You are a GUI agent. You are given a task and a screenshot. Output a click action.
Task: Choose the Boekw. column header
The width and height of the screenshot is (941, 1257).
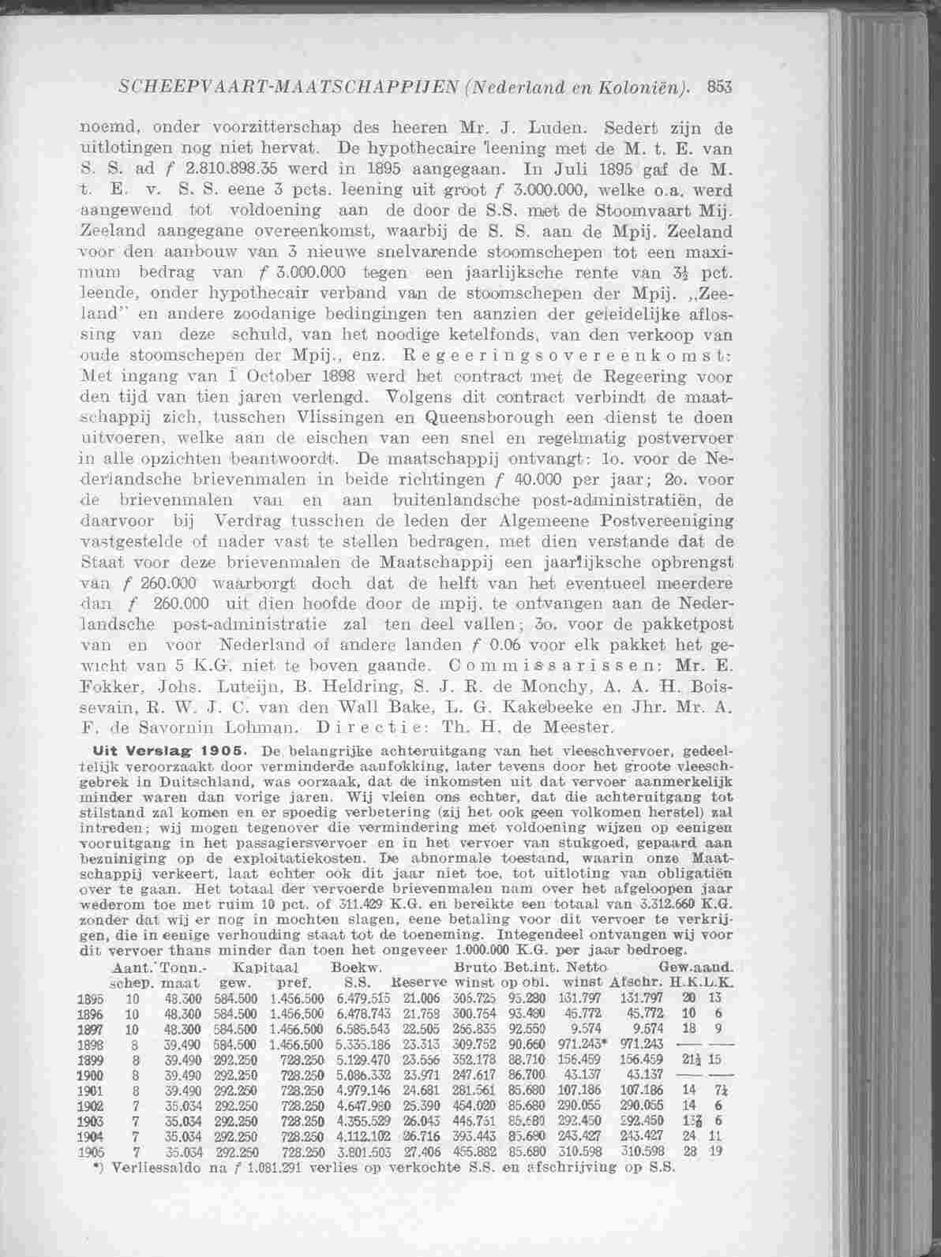(x=357, y=967)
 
